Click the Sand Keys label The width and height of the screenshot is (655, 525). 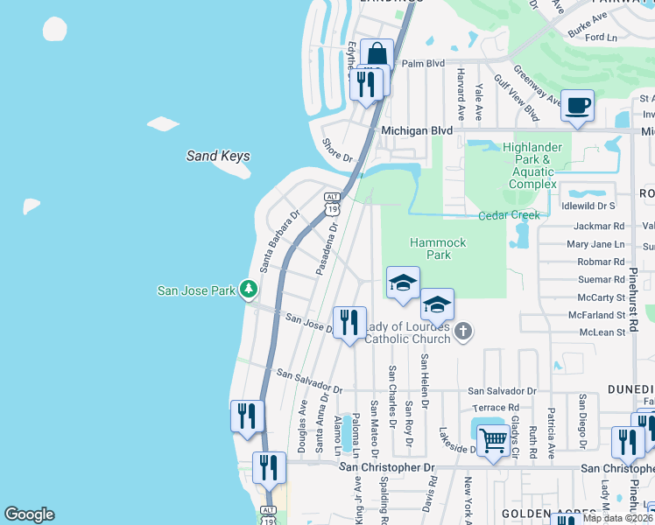pyautogui.click(x=218, y=157)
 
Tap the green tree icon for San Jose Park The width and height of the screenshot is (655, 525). pyautogui.click(x=250, y=288)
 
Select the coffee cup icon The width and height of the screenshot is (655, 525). pyautogui.click(x=577, y=107)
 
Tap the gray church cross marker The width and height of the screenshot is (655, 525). pyautogui.click(x=463, y=331)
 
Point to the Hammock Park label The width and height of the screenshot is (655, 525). pyautogui.click(x=438, y=248)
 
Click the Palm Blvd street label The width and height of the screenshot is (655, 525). pyautogui.click(x=424, y=64)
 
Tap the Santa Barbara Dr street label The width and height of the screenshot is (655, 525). pyautogui.click(x=279, y=239)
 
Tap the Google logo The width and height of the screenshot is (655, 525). pyautogui.click(x=29, y=514)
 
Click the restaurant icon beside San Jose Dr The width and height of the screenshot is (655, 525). pyautogui.click(x=349, y=322)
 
